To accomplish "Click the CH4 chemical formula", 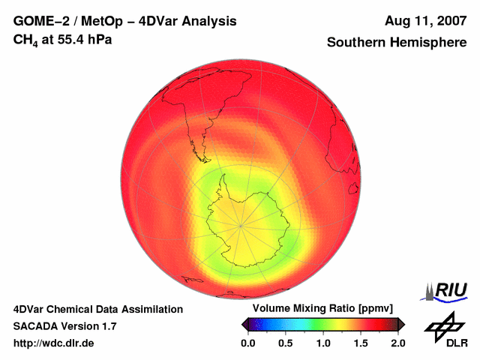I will pyautogui.click(x=26, y=40).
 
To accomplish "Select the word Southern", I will pyautogui.click(x=354, y=43).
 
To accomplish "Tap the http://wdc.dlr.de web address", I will pyautogui.click(x=54, y=343).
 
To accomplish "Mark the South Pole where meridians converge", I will pyautogui.click(x=241, y=225).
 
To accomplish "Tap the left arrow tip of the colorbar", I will pyautogui.click(x=242, y=324).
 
